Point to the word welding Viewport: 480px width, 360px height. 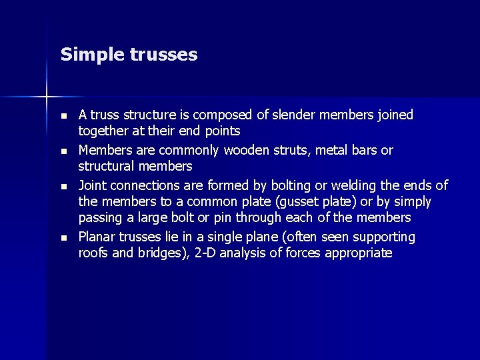pos(335,185)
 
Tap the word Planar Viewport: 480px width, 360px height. pos(98,237)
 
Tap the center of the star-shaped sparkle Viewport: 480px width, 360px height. pos(47,97)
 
